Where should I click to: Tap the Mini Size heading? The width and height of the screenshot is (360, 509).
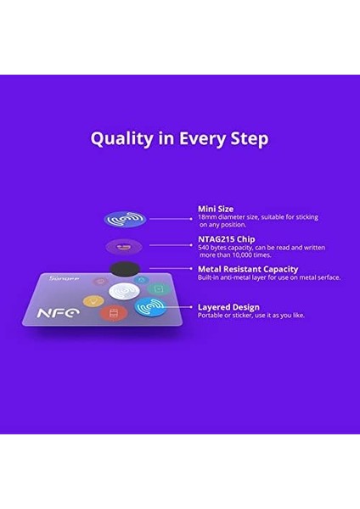tap(216, 208)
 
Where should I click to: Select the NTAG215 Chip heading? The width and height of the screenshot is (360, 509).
tap(226, 238)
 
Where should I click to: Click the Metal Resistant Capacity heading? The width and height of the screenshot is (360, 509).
tap(248, 269)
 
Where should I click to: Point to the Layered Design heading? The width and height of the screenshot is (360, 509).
tap(228, 306)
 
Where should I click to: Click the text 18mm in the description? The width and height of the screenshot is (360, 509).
tap(208, 217)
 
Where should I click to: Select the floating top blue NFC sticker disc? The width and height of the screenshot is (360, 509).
tap(125, 219)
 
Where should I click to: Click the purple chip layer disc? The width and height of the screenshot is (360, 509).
tap(124, 247)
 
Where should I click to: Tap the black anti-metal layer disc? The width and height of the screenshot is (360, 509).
tap(125, 269)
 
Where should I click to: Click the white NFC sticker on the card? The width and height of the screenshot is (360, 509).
tap(125, 292)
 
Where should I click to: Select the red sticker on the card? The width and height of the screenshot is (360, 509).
tap(110, 315)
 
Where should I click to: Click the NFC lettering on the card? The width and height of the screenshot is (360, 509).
tap(57, 313)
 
